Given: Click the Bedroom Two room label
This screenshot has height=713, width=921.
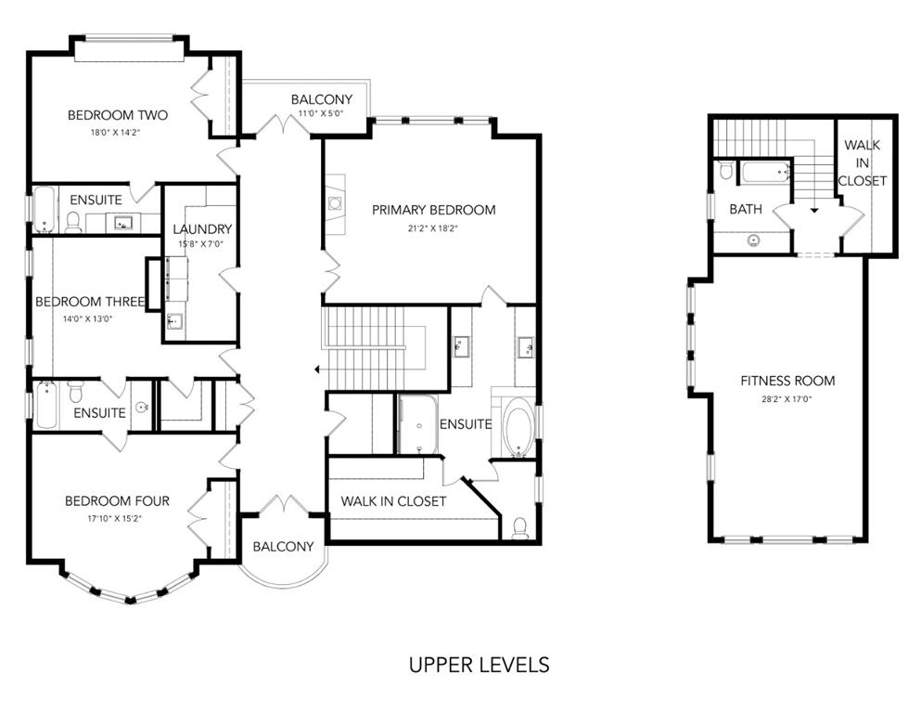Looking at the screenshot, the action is [x=118, y=115].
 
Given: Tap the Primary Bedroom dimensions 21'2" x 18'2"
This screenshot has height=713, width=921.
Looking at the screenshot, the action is [x=433, y=228].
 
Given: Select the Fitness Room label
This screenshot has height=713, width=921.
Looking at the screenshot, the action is [x=787, y=381].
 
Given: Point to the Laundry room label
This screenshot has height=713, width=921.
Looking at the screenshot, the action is [x=202, y=229].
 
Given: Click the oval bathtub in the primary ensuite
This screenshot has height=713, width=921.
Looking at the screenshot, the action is [x=518, y=427].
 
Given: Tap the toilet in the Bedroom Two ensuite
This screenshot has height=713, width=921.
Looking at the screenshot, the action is [x=73, y=222].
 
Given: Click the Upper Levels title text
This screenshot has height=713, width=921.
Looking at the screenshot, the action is [x=479, y=665].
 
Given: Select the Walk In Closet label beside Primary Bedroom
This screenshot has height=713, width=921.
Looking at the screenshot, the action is [x=393, y=501].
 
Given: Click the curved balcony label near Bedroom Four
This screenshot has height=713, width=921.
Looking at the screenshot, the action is [x=283, y=547].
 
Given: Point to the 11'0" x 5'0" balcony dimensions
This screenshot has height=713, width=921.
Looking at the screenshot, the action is [x=321, y=114].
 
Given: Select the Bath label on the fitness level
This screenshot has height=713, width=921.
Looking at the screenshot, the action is [x=746, y=209].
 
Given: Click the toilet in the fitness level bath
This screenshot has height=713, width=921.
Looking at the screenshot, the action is [x=726, y=171].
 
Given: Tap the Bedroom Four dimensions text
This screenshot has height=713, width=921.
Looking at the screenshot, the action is [x=116, y=518].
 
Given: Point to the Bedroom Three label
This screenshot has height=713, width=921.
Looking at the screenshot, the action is [x=90, y=302].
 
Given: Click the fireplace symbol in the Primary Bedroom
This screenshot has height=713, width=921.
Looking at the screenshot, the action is [x=335, y=204].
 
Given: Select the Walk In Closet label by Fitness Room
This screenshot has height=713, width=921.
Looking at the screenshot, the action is [x=862, y=162].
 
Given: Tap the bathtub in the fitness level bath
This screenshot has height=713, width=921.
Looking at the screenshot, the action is [x=766, y=173].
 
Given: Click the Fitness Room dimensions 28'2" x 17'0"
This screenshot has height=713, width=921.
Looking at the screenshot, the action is [x=787, y=399].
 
